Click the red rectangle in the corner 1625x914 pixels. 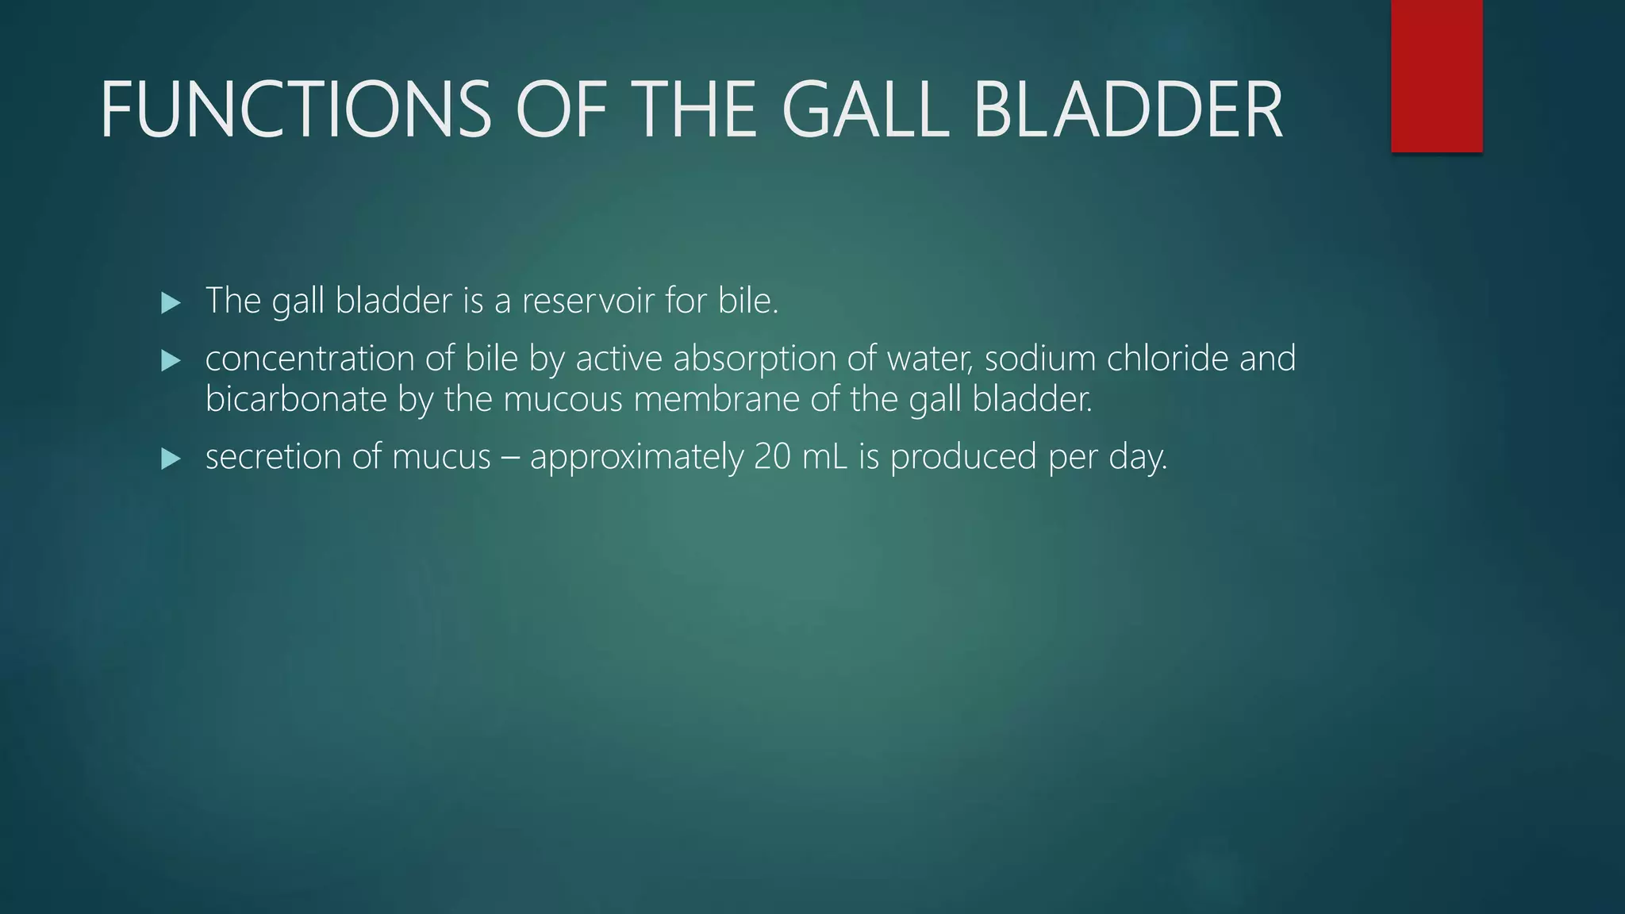click(1436, 75)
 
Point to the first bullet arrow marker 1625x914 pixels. click(171, 302)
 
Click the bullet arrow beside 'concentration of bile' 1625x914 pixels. click(171, 361)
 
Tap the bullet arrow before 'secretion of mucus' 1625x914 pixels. click(171, 459)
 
